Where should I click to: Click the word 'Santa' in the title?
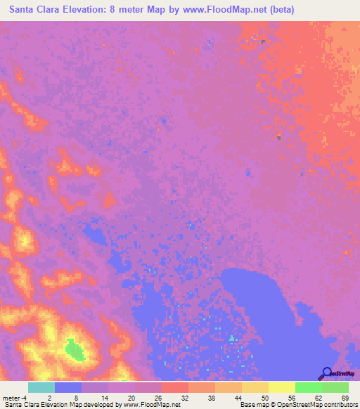25,10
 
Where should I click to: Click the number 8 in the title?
112,10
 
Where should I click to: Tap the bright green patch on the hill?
73,349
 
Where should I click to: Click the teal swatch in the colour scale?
41,387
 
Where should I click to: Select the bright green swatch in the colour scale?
308,387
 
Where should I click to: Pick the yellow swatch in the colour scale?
281,387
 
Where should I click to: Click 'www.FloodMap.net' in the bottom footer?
152,405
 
